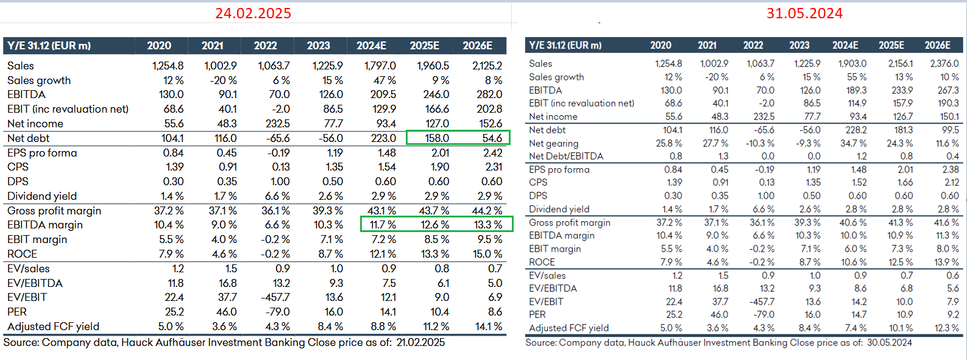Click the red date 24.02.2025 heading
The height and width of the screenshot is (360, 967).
(x=253, y=13)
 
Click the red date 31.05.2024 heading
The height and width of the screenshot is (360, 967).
(x=804, y=13)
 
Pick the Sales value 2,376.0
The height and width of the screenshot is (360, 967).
(x=944, y=63)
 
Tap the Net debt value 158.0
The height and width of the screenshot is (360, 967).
(x=437, y=138)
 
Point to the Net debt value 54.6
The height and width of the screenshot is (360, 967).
(x=492, y=138)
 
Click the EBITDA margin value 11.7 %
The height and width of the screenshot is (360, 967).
(x=383, y=225)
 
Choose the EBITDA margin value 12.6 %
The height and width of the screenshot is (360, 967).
(x=436, y=225)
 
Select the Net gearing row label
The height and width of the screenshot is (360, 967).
(x=553, y=143)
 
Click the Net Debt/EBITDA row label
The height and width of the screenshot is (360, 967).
(x=566, y=157)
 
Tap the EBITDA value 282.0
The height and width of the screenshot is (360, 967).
(x=489, y=94)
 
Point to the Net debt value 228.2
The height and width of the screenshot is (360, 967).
(x=855, y=130)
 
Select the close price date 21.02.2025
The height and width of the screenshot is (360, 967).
(x=420, y=342)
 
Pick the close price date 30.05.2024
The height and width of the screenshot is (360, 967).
(x=889, y=343)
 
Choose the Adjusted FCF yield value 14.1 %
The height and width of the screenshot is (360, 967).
(x=489, y=326)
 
